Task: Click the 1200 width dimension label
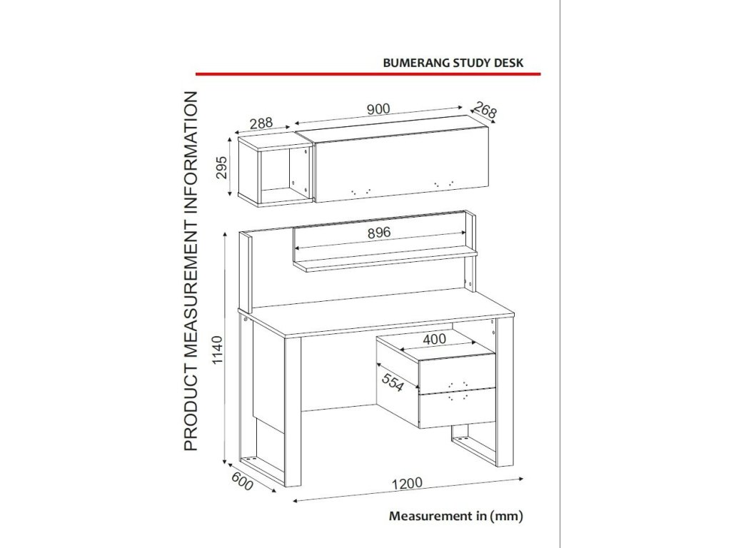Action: [x=407, y=483]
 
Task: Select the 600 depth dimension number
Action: [x=243, y=483]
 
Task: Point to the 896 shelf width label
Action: [x=380, y=233]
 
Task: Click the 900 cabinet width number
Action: [x=378, y=109]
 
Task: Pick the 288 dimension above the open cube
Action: [x=261, y=123]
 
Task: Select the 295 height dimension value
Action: [x=221, y=168]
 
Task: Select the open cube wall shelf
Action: [x=273, y=171]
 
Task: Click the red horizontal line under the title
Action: [x=368, y=73]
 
